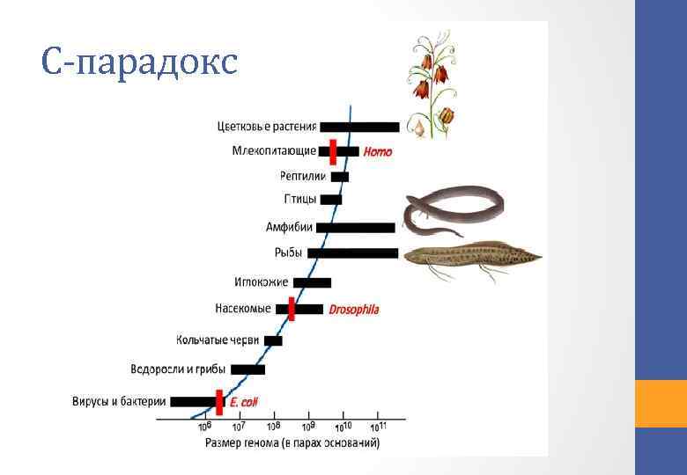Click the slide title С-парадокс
139,62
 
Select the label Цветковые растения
267,127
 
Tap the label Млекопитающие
274,151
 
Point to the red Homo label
378,152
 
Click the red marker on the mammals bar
333,151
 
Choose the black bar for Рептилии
340,177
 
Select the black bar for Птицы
331,200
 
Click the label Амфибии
289,227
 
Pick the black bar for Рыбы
352,253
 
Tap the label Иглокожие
261,282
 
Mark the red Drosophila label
354,310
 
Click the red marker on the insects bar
292,309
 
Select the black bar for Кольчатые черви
273,340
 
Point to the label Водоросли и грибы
178,369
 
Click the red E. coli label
243,402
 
